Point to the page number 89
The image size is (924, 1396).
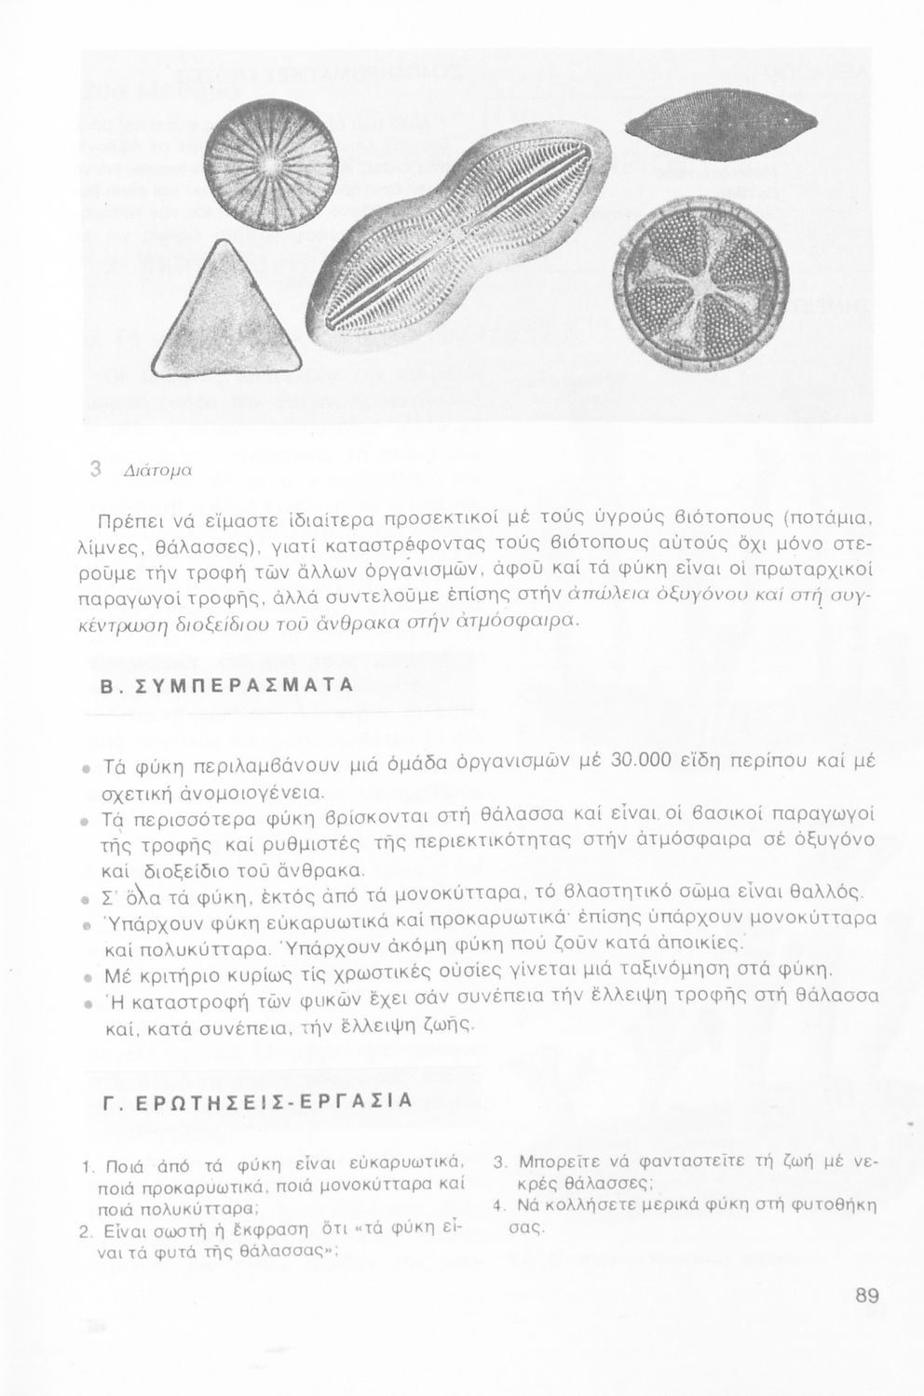point(865,1295)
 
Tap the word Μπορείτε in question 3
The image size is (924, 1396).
point(553,1163)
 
